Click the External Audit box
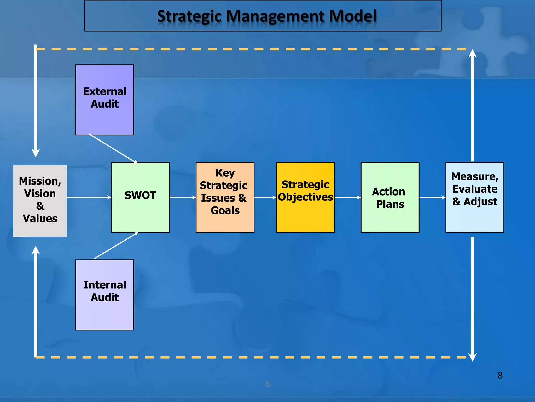click(104, 100)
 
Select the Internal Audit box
click(104, 295)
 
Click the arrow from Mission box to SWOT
click(89, 197)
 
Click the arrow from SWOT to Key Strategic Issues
click(183, 197)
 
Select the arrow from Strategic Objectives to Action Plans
click(347, 197)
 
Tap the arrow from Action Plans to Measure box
click(432, 197)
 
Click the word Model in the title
click(352, 16)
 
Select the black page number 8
click(500, 375)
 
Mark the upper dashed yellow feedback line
click(251, 49)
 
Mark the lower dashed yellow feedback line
click(251, 357)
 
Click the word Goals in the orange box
click(225, 210)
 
